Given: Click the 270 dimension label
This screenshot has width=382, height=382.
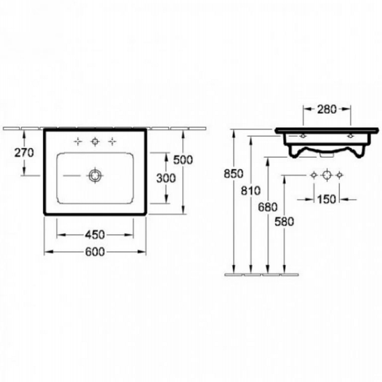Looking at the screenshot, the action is pyautogui.click(x=24, y=153).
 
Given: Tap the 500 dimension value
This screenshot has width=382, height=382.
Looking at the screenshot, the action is pyautogui.click(x=183, y=160).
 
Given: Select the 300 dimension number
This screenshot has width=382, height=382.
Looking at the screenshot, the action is pyautogui.click(x=166, y=178).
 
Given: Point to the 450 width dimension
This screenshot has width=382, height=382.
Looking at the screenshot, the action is pyautogui.click(x=95, y=234).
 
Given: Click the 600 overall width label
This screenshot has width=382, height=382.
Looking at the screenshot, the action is pyautogui.click(x=95, y=252).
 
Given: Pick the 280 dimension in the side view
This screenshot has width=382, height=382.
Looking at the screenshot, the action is pyautogui.click(x=327, y=109).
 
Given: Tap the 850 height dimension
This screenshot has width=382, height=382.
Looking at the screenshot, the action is pyautogui.click(x=233, y=174).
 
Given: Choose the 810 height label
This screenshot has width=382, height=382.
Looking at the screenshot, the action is pyautogui.click(x=251, y=191).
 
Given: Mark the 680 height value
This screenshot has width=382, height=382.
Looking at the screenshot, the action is pyautogui.click(x=268, y=207).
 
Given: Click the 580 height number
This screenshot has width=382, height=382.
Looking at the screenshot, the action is pyautogui.click(x=284, y=222).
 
